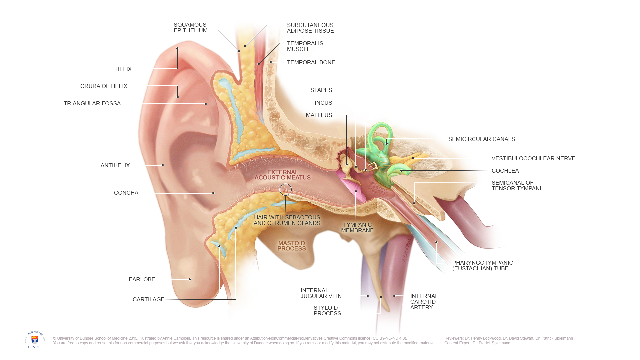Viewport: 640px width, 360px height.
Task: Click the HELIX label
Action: pyautogui.click(x=123, y=69)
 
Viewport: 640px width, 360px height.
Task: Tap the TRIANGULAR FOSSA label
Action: pyautogui.click(x=92, y=103)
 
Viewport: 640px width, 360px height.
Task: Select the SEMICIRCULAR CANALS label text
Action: pyautogui.click(x=481, y=139)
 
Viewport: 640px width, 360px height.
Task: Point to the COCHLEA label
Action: pyautogui.click(x=505, y=171)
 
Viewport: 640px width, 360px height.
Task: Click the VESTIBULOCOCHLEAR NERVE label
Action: pyautogui.click(x=533, y=158)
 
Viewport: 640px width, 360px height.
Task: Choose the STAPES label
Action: pyautogui.click(x=321, y=90)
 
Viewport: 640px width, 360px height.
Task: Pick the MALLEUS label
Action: pyautogui.click(x=319, y=115)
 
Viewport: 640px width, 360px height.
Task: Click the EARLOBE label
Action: pyautogui.click(x=142, y=279)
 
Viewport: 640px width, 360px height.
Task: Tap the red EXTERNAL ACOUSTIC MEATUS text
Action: pyautogui.click(x=283, y=175)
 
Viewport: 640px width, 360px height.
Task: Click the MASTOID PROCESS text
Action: pyautogui.click(x=292, y=246)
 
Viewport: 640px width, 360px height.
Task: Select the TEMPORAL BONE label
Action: pyautogui.click(x=311, y=62)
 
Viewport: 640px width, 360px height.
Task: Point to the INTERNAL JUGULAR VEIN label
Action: pyautogui.click(x=321, y=293)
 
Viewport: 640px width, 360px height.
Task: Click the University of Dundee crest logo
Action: pyautogui.click(x=35, y=339)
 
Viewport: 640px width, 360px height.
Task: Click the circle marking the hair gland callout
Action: pyautogui.click(x=286, y=190)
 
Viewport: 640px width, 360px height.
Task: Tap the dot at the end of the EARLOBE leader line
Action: pyautogui.click(x=190, y=279)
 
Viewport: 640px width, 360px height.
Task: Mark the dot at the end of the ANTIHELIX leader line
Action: pyautogui.click(x=163, y=165)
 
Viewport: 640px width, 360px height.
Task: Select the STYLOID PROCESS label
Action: pyautogui.click(x=327, y=310)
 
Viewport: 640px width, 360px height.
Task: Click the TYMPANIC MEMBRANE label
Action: pyautogui.click(x=357, y=227)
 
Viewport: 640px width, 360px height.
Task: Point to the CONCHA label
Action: pyautogui.click(x=126, y=193)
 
